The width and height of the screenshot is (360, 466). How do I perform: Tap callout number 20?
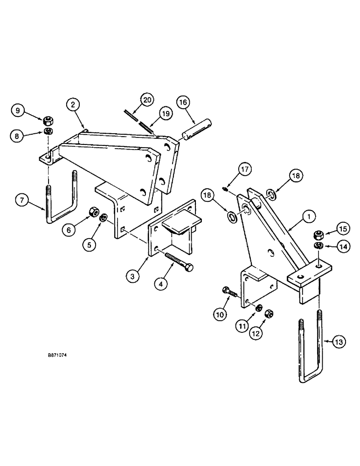tap(147, 100)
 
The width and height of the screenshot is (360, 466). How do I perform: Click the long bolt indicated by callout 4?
tap(178, 261)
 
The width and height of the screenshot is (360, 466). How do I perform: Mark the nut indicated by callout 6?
tap(92, 212)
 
